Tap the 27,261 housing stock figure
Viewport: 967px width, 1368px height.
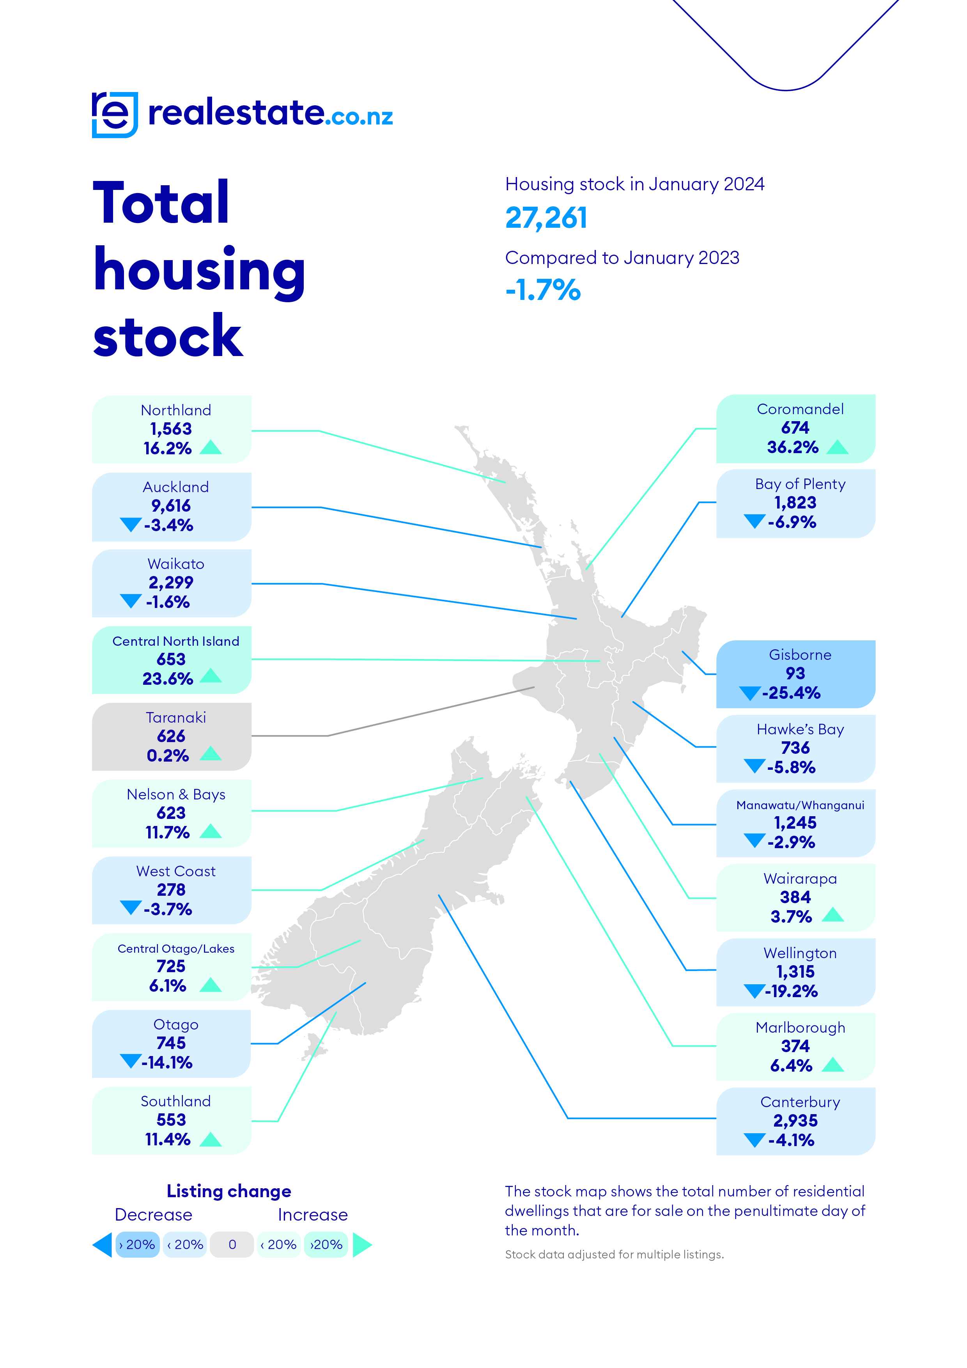(x=546, y=218)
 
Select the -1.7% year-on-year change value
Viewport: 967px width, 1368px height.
(x=543, y=290)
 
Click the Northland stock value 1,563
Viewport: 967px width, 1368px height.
(x=171, y=429)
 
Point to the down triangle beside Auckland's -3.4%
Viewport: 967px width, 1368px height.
(x=131, y=525)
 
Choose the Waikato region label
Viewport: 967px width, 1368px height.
(x=176, y=564)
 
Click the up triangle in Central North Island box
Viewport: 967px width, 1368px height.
(x=211, y=676)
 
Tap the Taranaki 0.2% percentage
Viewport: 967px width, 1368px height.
(x=168, y=755)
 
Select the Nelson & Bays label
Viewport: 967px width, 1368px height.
(x=176, y=794)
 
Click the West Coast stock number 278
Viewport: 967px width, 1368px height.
(x=171, y=890)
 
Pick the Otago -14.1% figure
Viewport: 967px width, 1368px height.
(x=167, y=1062)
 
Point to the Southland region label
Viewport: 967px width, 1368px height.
(x=176, y=1101)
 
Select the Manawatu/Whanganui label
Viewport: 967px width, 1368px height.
(x=800, y=805)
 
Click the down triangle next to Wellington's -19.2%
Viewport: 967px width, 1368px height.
(x=754, y=991)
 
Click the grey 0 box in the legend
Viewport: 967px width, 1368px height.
(x=232, y=1245)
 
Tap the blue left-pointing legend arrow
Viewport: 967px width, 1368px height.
(x=103, y=1245)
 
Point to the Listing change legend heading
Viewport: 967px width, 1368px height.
(x=229, y=1191)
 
